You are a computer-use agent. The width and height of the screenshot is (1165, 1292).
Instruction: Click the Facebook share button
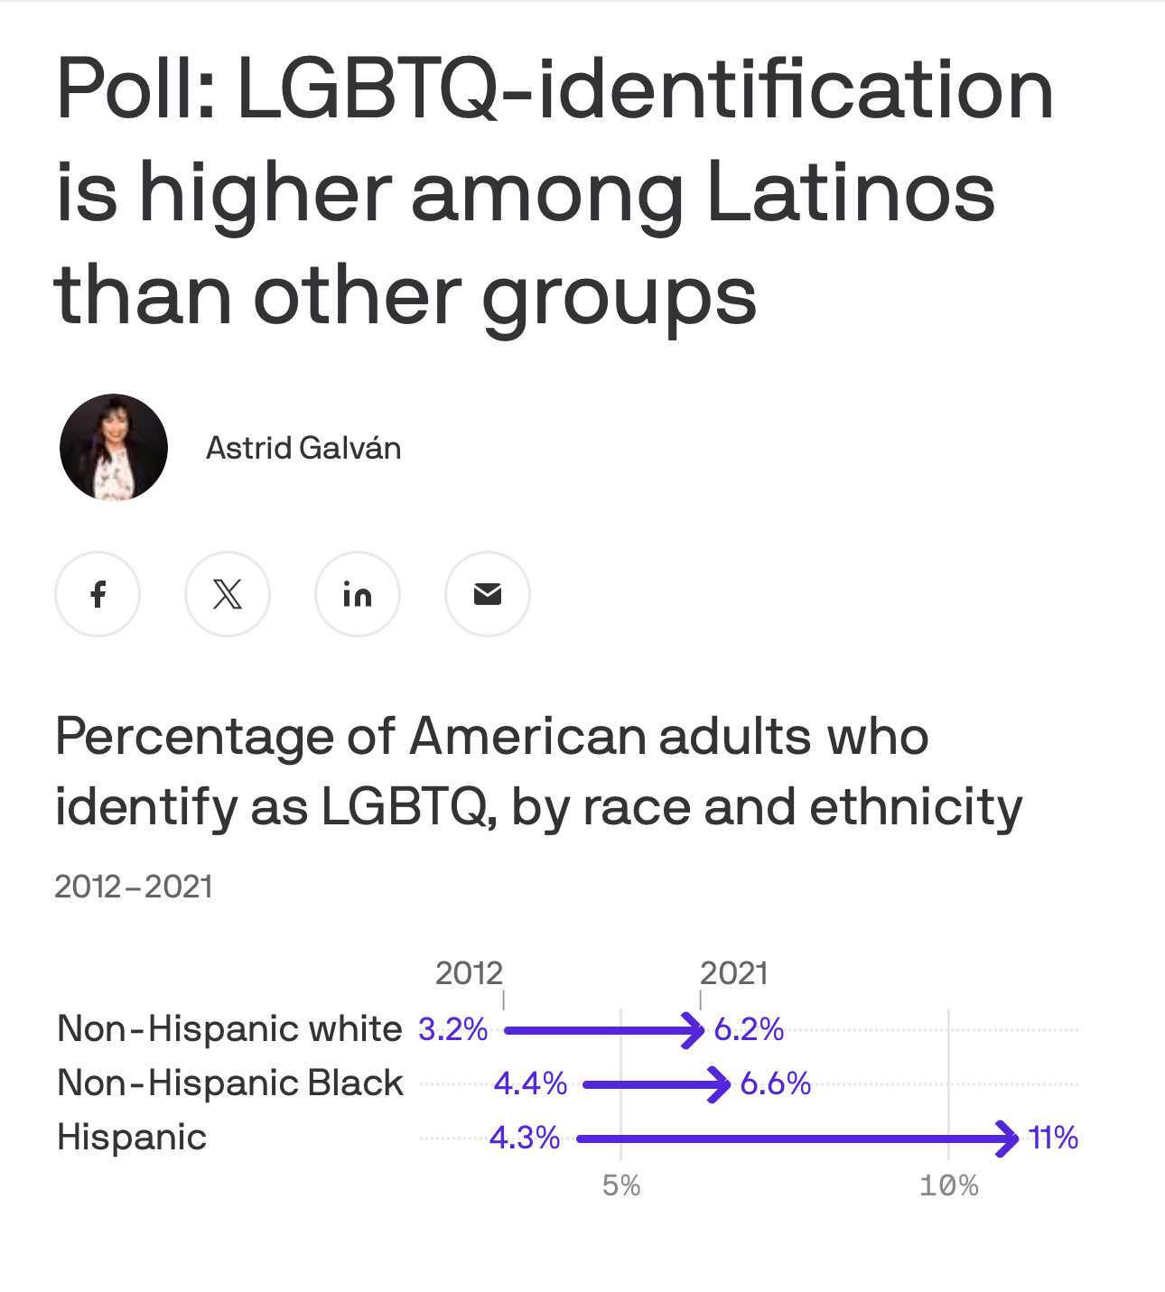98,594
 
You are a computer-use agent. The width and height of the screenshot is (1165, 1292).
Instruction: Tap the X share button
228,594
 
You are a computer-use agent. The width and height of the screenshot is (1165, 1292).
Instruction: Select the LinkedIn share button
358,594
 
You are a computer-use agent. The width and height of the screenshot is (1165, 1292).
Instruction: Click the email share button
488,594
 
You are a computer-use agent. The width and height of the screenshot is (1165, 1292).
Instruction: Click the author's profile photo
114,448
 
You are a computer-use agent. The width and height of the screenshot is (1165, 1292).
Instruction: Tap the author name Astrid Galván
303,448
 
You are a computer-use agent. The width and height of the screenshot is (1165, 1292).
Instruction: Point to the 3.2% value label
453,1029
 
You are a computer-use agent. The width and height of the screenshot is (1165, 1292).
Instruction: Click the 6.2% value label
749,1029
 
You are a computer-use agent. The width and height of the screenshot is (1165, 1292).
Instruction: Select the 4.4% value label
530,1083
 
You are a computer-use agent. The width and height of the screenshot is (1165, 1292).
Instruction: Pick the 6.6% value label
775,1083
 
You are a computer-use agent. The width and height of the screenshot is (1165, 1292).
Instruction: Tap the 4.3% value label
525,1138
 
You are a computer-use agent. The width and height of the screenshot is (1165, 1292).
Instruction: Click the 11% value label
1053,1138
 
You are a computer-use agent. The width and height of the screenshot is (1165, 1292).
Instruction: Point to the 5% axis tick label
621,1185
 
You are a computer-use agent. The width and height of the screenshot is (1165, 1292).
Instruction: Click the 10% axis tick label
948,1185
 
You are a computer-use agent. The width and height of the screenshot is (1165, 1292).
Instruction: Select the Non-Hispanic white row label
229,1029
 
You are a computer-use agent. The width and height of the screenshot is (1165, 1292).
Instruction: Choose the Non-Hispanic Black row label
230,1083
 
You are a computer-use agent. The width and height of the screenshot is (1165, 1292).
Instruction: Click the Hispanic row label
132,1138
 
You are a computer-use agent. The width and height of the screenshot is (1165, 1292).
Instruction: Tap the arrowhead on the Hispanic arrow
1008,1139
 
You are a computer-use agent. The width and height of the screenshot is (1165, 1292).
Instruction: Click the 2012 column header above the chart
469,973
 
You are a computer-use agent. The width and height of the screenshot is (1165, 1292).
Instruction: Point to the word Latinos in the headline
850,193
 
